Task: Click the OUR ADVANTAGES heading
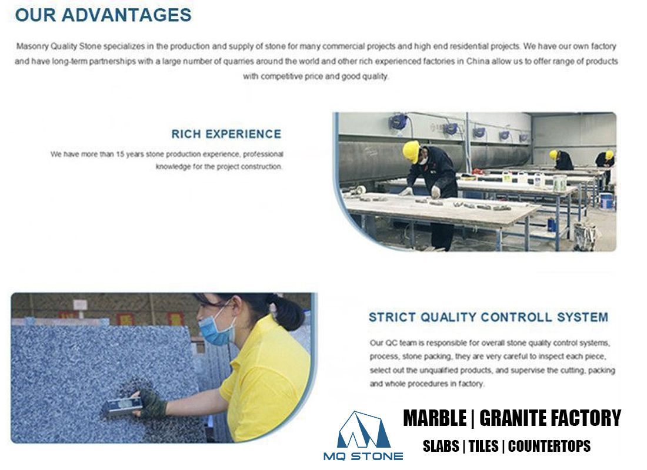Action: click(x=104, y=15)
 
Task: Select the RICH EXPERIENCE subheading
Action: click(x=226, y=134)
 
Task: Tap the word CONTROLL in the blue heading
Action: click(x=518, y=317)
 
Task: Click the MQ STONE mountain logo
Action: click(x=363, y=431)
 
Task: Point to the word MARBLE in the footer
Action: click(x=435, y=418)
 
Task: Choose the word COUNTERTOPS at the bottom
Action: click(x=549, y=446)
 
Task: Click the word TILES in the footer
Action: click(x=482, y=446)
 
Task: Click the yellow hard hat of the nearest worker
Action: click(x=411, y=151)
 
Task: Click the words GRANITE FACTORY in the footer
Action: click(x=551, y=418)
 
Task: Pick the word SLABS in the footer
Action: click(x=441, y=446)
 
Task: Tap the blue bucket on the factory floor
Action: click(x=606, y=201)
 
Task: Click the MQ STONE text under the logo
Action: click(x=363, y=456)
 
